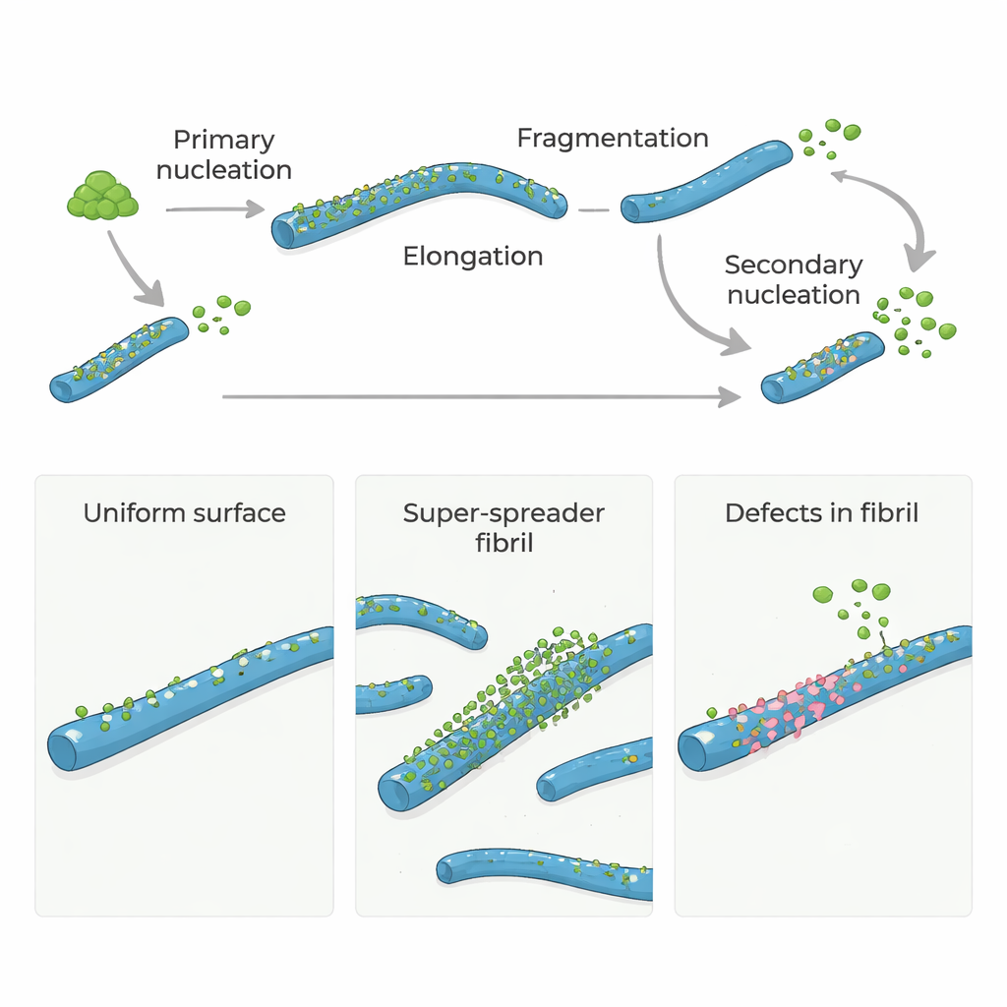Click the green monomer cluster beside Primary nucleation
(x=101, y=196)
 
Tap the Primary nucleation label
(x=224, y=155)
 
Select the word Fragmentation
(x=613, y=139)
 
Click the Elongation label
(x=473, y=257)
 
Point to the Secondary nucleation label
(x=794, y=280)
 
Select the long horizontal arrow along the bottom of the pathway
(x=482, y=396)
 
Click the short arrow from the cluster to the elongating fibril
(x=214, y=208)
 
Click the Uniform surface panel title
(x=185, y=513)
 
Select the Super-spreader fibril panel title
(x=503, y=527)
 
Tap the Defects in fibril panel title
(x=822, y=513)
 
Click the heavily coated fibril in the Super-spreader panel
(x=511, y=718)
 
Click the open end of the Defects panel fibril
(x=694, y=753)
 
